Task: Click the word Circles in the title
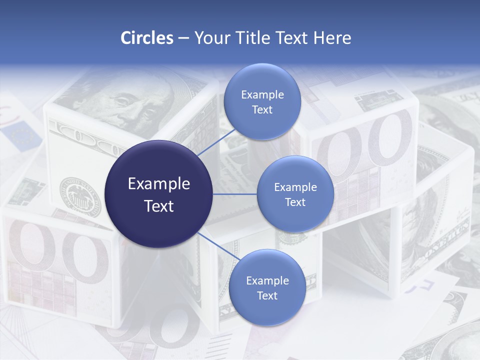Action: point(146,38)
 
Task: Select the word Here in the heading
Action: point(332,38)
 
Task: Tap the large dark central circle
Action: point(158,194)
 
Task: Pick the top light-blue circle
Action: point(262,102)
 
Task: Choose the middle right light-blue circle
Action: point(295,194)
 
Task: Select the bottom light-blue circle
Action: point(267,287)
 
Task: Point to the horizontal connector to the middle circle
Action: point(234,194)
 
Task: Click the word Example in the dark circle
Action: point(158,183)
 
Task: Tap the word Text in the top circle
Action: point(262,109)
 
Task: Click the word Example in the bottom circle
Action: point(267,280)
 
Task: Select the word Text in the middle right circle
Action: point(295,202)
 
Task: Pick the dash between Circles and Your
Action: point(183,38)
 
